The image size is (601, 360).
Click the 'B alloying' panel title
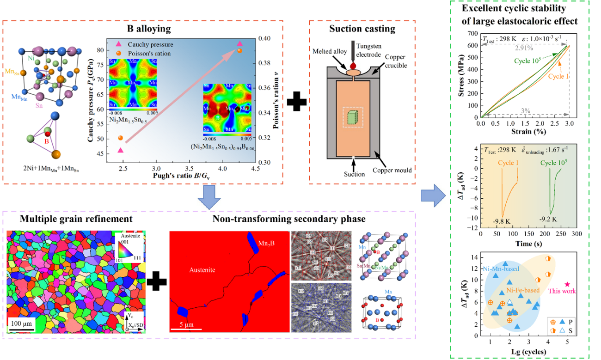[150, 29]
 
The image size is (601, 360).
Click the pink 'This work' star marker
[567, 285]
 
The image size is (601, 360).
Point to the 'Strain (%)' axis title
[525, 133]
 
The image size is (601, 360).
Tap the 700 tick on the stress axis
[472, 34]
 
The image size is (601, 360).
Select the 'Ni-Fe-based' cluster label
[522, 290]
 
